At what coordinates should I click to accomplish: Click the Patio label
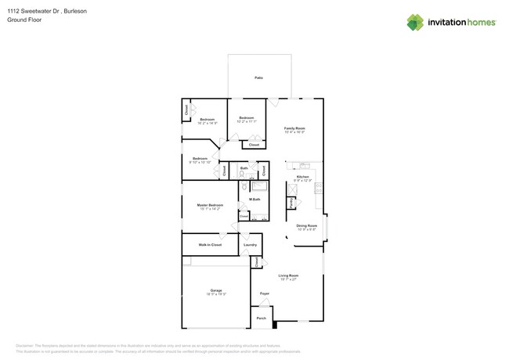click(258, 77)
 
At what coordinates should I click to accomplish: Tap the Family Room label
click(294, 128)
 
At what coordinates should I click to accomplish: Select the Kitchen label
click(302, 177)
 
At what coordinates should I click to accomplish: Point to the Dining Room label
click(306, 225)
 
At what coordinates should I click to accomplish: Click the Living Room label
click(288, 275)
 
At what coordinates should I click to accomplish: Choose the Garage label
click(216, 290)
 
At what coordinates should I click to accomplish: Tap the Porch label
click(262, 318)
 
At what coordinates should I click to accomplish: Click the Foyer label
click(265, 293)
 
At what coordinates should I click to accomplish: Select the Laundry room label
click(250, 245)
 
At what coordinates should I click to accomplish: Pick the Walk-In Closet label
click(210, 245)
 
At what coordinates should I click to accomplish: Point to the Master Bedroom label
click(210, 205)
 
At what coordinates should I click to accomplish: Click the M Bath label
click(254, 200)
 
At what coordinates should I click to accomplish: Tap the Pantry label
click(291, 203)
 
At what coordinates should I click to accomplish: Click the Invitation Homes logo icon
click(415, 23)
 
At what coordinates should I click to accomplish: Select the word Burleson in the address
click(75, 11)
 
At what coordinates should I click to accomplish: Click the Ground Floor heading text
click(23, 20)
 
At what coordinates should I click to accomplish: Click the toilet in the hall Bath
click(241, 175)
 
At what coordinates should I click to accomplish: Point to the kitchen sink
click(304, 166)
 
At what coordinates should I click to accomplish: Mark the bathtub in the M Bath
click(259, 186)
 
